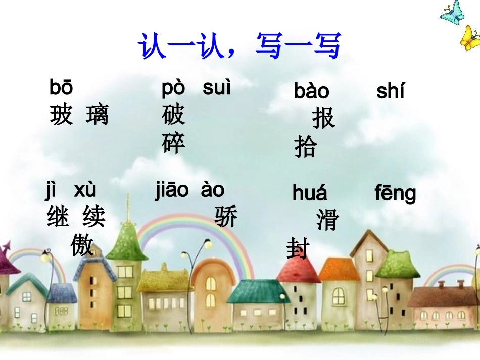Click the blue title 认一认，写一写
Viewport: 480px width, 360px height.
click(x=240, y=46)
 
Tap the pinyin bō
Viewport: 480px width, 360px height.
click(x=61, y=88)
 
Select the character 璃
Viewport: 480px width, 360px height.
click(x=98, y=115)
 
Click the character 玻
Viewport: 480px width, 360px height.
click(x=61, y=115)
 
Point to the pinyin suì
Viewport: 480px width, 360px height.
click(x=216, y=88)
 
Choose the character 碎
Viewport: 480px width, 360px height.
click(x=173, y=144)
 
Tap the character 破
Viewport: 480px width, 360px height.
click(x=173, y=116)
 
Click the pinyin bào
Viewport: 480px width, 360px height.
click(x=311, y=92)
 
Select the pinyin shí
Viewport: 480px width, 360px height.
click(x=390, y=92)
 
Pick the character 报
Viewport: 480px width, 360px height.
click(x=323, y=119)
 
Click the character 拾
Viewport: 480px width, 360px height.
click(x=306, y=147)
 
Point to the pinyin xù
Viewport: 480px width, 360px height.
click(x=85, y=190)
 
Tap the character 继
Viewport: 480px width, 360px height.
click(x=58, y=218)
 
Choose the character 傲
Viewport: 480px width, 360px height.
click(x=82, y=246)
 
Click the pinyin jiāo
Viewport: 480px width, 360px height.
click(x=172, y=190)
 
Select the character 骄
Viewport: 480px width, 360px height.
click(x=226, y=217)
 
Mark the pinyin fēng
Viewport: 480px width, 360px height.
click(x=395, y=194)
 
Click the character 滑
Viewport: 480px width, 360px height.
click(x=327, y=221)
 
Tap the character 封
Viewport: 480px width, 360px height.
click(x=298, y=249)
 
